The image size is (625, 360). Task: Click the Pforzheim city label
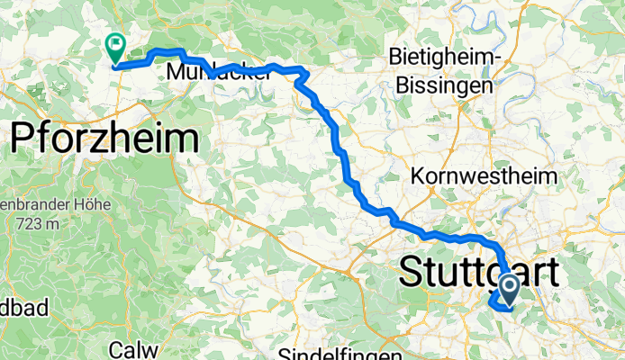[x=104, y=139]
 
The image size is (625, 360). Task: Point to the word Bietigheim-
[x=444, y=57]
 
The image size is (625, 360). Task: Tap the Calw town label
[x=133, y=349]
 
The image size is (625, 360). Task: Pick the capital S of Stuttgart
[x=410, y=272]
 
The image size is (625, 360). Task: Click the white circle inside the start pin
[x=508, y=287]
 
